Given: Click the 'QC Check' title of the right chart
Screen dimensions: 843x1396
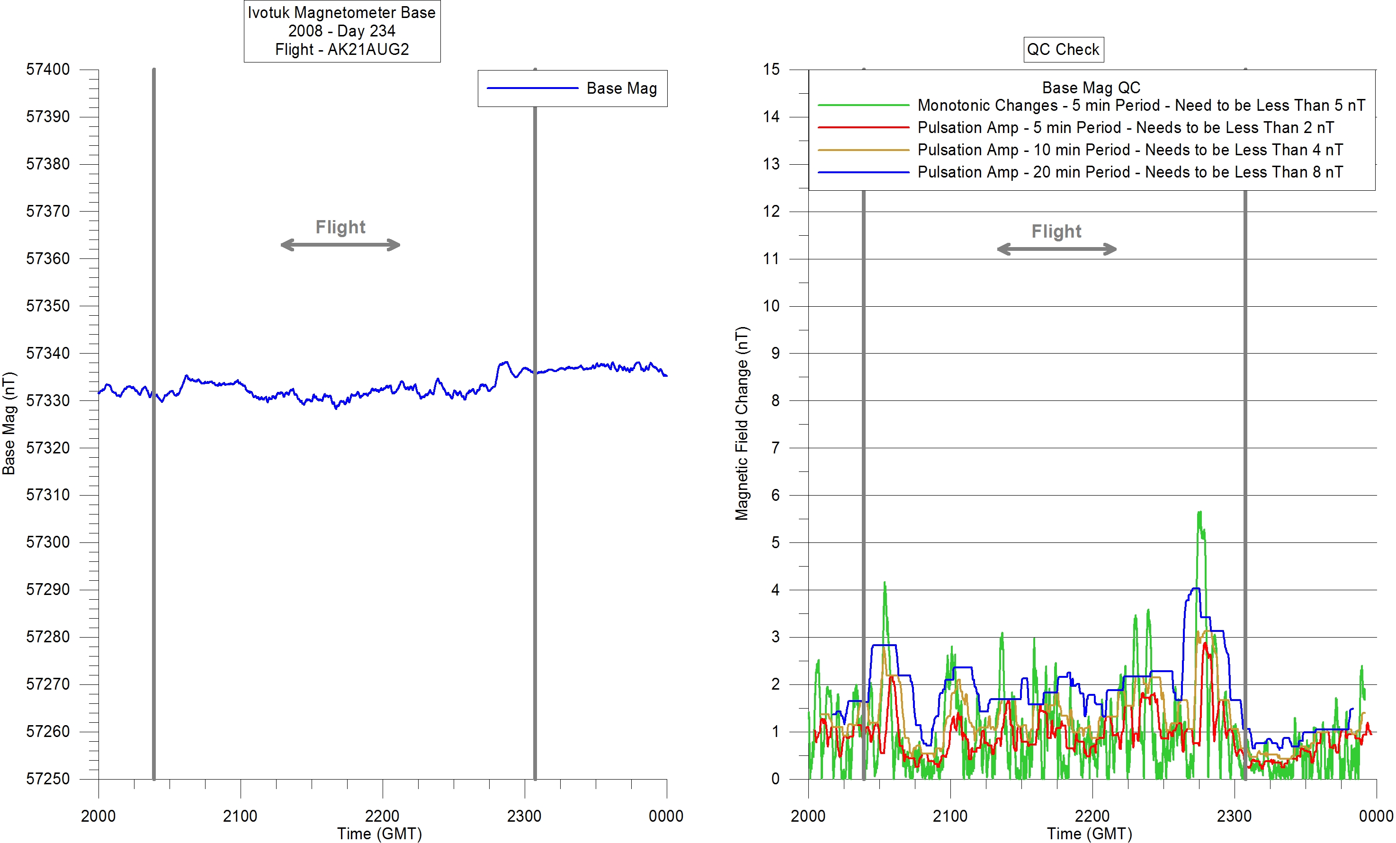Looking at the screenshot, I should pos(1063,49).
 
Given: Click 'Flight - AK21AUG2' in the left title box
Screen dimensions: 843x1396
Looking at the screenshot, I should pos(341,49).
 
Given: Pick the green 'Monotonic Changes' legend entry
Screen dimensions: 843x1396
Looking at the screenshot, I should pos(1140,105).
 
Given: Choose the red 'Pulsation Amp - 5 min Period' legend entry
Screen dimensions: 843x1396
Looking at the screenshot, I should pos(1125,127).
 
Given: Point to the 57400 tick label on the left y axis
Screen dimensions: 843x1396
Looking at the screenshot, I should pos(48,70).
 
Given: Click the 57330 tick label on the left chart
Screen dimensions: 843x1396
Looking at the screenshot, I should pos(48,400).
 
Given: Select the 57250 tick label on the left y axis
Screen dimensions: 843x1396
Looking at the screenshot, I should pos(48,779).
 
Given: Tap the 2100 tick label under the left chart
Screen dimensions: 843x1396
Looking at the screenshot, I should pos(240,816).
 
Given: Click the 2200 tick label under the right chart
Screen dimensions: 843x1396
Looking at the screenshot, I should pos(1092,816).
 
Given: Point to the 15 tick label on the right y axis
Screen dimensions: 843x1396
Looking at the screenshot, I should pos(771,70).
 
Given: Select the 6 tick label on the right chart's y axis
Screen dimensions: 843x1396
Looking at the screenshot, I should pos(775,496).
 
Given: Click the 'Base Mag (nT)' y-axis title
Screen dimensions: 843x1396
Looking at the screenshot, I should pos(9,424).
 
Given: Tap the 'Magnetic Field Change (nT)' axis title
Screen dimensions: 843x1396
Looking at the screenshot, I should pos(742,424).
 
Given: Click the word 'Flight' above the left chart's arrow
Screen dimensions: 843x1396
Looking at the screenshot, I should pos(340,227).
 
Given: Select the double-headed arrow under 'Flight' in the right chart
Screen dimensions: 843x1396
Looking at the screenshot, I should pos(1056,249).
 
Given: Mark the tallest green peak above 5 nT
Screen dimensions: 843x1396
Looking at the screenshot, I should pos(1199,513).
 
